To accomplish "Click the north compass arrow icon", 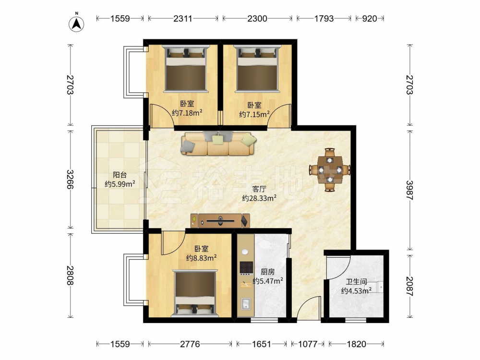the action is (76, 23).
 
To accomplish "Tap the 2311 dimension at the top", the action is (183, 18).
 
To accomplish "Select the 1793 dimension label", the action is (324, 18).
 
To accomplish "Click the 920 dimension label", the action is (370, 18).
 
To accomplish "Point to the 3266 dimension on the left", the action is (70, 179).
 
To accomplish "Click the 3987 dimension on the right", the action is (409, 190).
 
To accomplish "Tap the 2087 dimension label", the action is (409, 286).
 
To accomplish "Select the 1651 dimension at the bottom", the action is (262, 344).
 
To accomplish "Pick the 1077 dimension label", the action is (308, 344).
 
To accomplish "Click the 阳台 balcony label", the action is (120, 175).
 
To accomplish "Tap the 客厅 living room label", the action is (259, 189).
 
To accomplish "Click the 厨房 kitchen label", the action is (267, 272).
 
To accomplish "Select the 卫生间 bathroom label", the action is (356, 282).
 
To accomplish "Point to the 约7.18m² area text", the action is (187, 113).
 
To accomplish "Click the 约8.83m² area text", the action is (202, 258).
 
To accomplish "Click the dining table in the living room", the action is (330, 169).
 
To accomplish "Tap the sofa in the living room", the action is (218, 144).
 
